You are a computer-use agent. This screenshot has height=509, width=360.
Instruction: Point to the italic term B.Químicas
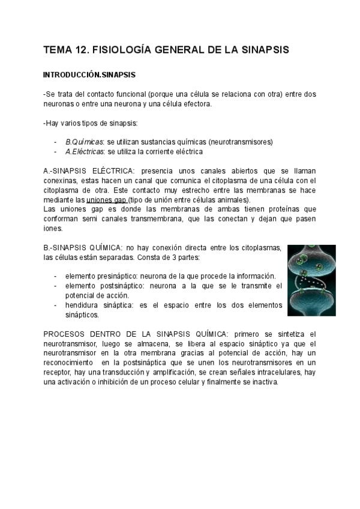pyautogui.click(x=84, y=142)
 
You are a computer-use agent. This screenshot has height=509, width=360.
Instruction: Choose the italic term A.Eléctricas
pyautogui.click(x=85, y=151)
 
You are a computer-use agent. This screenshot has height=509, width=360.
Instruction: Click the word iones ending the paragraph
pyautogui.click(x=53, y=228)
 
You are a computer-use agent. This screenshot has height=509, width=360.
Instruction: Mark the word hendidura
pyautogui.click(x=85, y=306)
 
